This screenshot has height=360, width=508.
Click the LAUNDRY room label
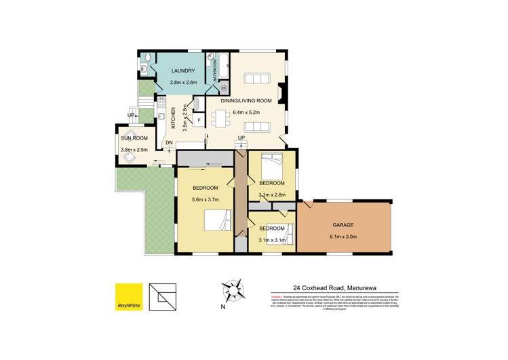click(183, 71)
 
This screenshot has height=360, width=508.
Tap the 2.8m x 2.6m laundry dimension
click(183, 83)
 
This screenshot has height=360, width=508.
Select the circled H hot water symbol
click(223, 87)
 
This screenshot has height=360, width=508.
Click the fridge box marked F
click(199, 121)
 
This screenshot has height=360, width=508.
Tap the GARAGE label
click(343, 224)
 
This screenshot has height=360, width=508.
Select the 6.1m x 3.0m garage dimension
click(343, 237)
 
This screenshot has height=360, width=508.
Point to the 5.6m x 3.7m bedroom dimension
click(205, 199)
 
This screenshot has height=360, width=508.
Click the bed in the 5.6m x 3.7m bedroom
click(218, 220)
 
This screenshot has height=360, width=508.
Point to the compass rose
click(235, 293)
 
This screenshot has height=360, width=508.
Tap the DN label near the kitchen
click(170, 143)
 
